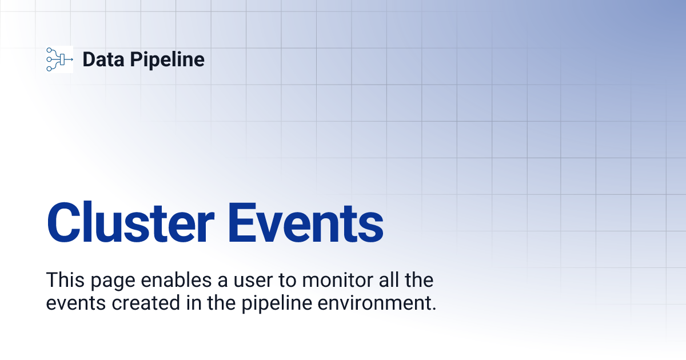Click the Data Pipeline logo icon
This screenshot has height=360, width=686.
point(59,59)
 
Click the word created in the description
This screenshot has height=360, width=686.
point(142,303)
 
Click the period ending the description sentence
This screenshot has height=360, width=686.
point(433,309)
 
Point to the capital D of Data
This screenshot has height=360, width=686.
point(89,59)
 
